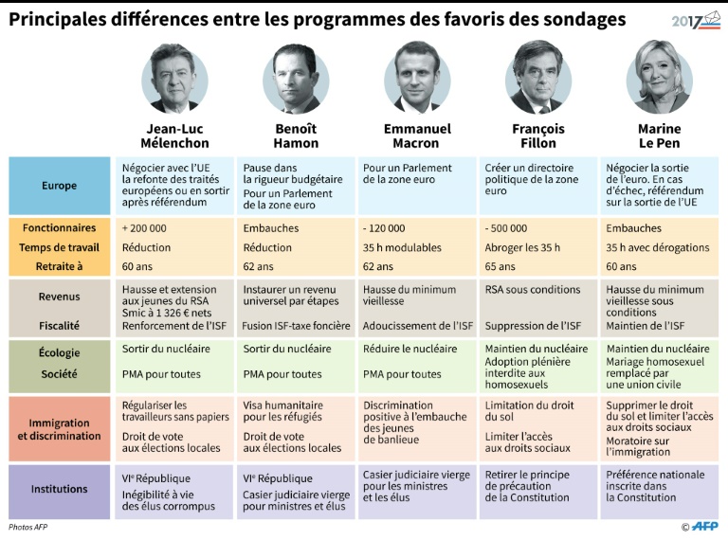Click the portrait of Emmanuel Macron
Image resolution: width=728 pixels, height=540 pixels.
[x=417, y=78]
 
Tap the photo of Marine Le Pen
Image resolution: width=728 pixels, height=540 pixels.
[x=659, y=78]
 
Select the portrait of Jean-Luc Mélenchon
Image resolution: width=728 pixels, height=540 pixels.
[x=175, y=78]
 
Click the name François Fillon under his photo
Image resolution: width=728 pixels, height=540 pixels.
[x=537, y=135]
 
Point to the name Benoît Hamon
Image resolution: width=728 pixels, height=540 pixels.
[x=296, y=135]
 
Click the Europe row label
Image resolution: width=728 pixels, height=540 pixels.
[x=60, y=186]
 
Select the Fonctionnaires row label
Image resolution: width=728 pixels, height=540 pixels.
[x=60, y=228]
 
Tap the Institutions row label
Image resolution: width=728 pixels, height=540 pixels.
[x=60, y=490]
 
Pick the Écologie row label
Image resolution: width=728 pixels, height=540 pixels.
[x=60, y=353]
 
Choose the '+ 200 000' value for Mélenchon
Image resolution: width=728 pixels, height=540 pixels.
[x=144, y=228]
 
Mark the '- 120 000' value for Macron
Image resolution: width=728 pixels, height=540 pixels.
[x=384, y=228]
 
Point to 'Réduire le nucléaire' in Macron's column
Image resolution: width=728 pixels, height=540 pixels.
[x=410, y=349]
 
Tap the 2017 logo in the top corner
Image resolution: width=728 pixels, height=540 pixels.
[x=695, y=20]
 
